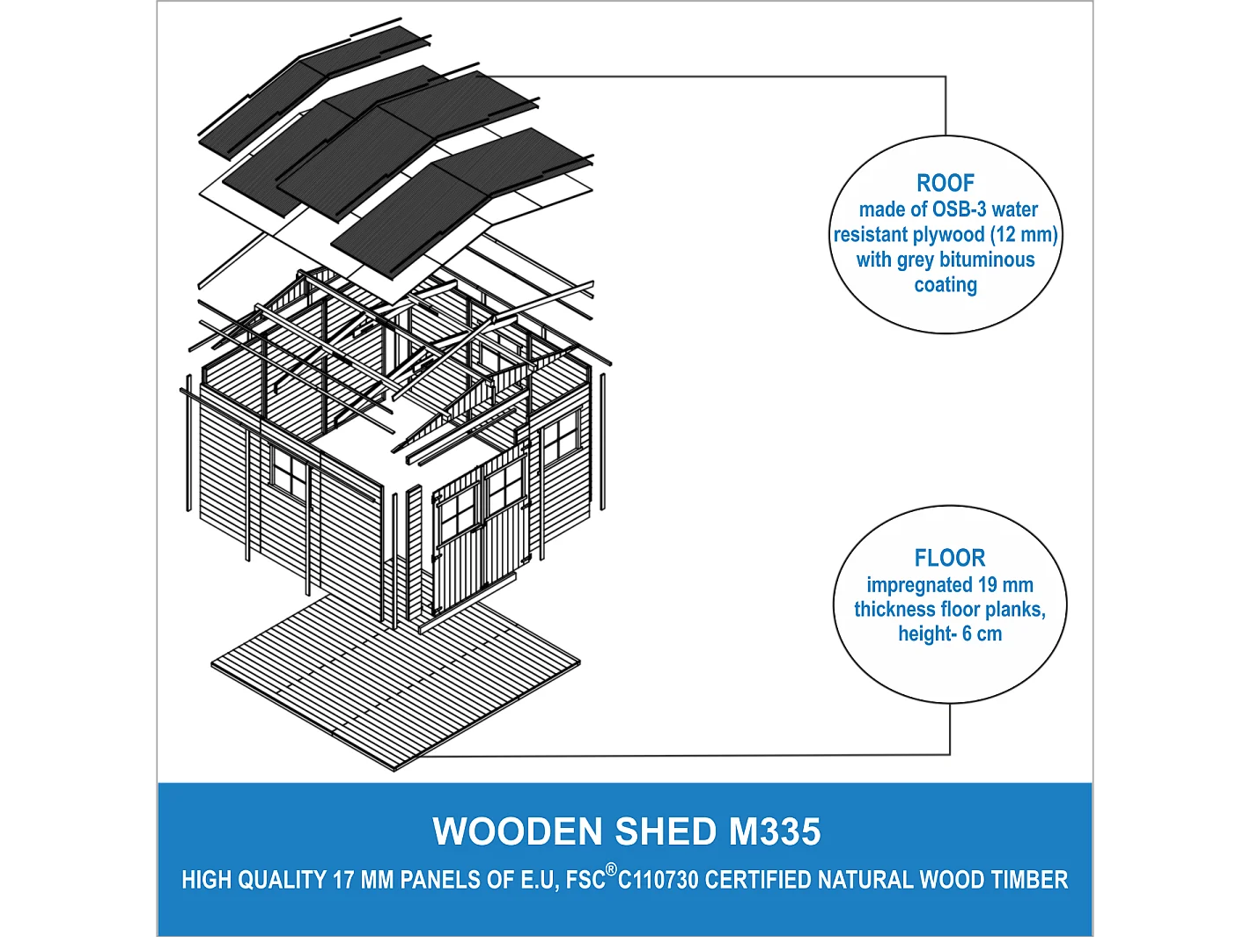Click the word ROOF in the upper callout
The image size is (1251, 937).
pos(945,183)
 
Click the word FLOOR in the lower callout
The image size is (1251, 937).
pos(950,558)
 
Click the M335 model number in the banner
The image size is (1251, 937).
pos(775,831)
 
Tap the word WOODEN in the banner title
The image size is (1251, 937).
pos(518,831)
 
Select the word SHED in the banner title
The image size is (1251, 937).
pos(665,831)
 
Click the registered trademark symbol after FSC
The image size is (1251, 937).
pos(611,869)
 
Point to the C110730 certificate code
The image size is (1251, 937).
pos(659,880)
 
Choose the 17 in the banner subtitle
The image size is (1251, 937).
pos(342,880)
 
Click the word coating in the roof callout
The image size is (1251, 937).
pos(946,285)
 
